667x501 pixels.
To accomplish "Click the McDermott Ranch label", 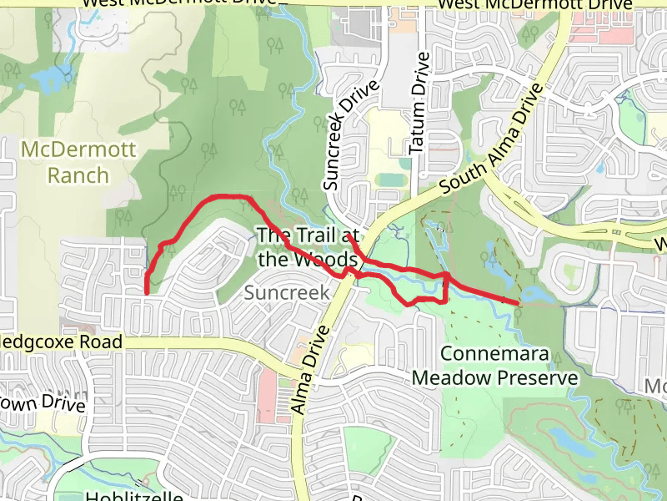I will [66, 162].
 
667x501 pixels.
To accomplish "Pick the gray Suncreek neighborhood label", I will [287, 293].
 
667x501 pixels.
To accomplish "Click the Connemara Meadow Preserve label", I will [495, 366].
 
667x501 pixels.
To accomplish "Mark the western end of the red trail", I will [147, 292].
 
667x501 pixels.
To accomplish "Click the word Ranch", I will [78, 175].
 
